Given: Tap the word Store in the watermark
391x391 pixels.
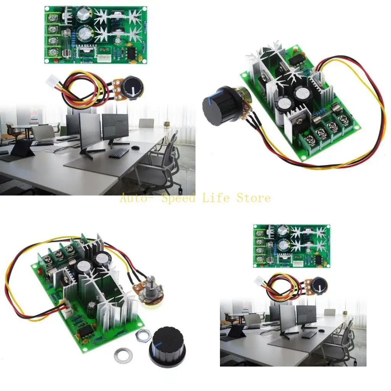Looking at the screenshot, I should point(254,198).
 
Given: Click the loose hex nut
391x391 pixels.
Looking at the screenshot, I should point(143,334).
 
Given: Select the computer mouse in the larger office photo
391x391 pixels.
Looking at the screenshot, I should point(134,147).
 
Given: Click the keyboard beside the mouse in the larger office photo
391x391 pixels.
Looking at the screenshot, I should point(119,153).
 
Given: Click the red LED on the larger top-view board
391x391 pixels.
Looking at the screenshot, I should point(56,61).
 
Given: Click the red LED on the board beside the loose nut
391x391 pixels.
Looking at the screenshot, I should point(40,271).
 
